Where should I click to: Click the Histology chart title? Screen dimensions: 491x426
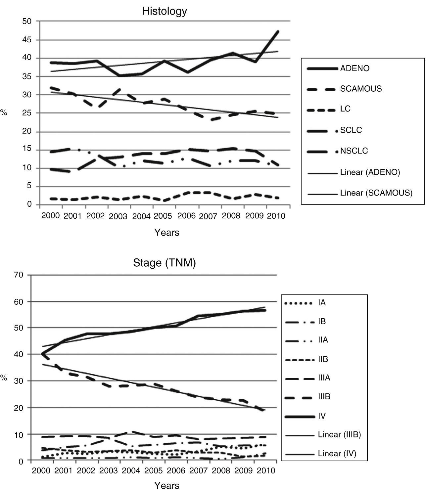[x=164, y=11]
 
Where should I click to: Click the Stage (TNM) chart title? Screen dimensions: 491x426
[x=164, y=263]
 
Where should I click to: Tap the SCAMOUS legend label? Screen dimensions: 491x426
[x=361, y=89]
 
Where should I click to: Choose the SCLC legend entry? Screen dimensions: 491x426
[x=351, y=130]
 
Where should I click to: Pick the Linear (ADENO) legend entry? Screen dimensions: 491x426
[x=370, y=172]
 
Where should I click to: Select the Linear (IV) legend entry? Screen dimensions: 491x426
[x=337, y=453]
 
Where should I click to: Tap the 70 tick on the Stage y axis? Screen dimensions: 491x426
[x=19, y=275]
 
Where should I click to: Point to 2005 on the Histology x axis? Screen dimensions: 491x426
[x=163, y=216]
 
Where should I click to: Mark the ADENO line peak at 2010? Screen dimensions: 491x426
[x=278, y=31]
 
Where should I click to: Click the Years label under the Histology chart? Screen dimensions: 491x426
[x=167, y=233]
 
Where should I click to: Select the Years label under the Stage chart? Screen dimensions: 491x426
[x=167, y=485]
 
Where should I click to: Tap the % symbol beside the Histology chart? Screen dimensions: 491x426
[x=4, y=113]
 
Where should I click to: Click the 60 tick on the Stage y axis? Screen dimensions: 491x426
[x=19, y=301]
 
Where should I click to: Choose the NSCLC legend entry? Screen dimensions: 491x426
[x=354, y=151]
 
